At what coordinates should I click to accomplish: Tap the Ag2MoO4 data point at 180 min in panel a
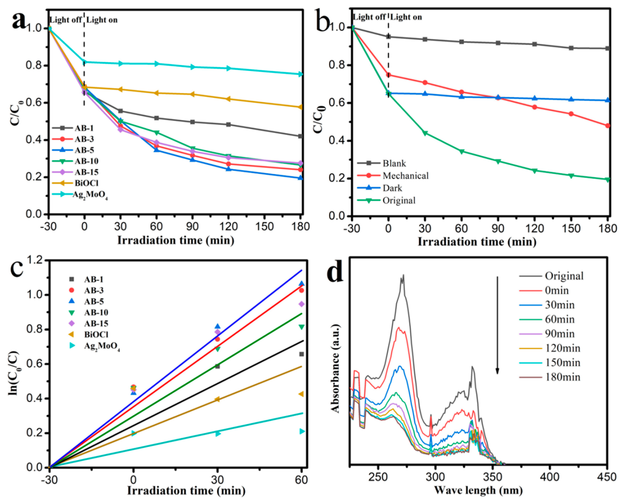point(301,74)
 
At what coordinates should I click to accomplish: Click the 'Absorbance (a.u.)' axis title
point(335,369)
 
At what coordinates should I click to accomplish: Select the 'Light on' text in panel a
point(102,20)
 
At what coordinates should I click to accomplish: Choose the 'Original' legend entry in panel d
point(551,276)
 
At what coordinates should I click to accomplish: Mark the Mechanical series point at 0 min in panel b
point(388,75)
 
